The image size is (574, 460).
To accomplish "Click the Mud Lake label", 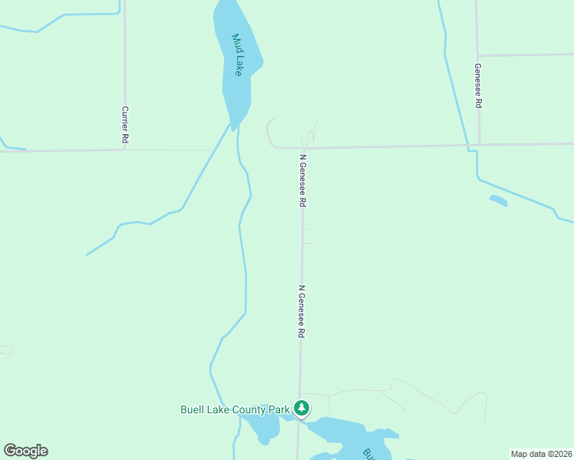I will pos(239,54).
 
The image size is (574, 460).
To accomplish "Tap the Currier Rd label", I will pos(124,125).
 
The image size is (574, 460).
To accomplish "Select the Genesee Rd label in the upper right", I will pos(477,85).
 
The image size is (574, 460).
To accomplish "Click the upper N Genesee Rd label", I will pos(303,181).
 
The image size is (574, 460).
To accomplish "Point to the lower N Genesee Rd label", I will pos(302,312).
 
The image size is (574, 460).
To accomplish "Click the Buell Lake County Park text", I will pos(235,409).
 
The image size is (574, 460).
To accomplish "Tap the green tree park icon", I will pos(302,409).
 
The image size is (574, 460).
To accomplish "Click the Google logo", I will pos(25,451).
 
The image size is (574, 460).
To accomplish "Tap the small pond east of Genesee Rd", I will pos(498,201).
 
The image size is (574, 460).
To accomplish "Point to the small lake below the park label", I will pos(265,427).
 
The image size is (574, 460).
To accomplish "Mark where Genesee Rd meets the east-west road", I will pos(479,144).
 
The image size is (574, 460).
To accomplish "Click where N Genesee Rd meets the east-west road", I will pos(303,147).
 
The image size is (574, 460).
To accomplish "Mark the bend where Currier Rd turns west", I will pos(124,149).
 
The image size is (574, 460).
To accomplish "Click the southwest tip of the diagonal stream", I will pos(87,255).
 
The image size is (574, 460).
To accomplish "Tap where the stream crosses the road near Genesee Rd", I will pos(467,145).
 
